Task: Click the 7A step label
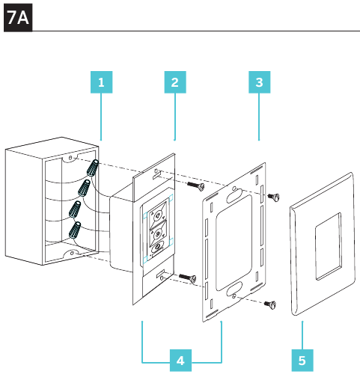click(x=18, y=17)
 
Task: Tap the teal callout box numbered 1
click(x=101, y=82)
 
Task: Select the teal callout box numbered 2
click(x=175, y=82)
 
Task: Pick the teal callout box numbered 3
click(x=260, y=82)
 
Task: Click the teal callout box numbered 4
click(x=180, y=361)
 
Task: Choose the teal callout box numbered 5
click(x=302, y=361)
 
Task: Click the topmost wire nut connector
click(x=93, y=168)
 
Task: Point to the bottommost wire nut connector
click(x=75, y=230)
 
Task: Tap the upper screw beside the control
click(x=196, y=186)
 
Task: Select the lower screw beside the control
click(x=188, y=278)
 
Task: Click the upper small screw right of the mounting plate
click(x=273, y=197)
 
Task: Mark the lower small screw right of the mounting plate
click(x=270, y=304)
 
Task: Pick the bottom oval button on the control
click(x=157, y=248)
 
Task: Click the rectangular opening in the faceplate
click(x=328, y=246)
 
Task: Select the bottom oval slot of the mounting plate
click(x=234, y=289)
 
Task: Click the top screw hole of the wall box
click(x=70, y=158)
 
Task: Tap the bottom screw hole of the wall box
click(x=72, y=254)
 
